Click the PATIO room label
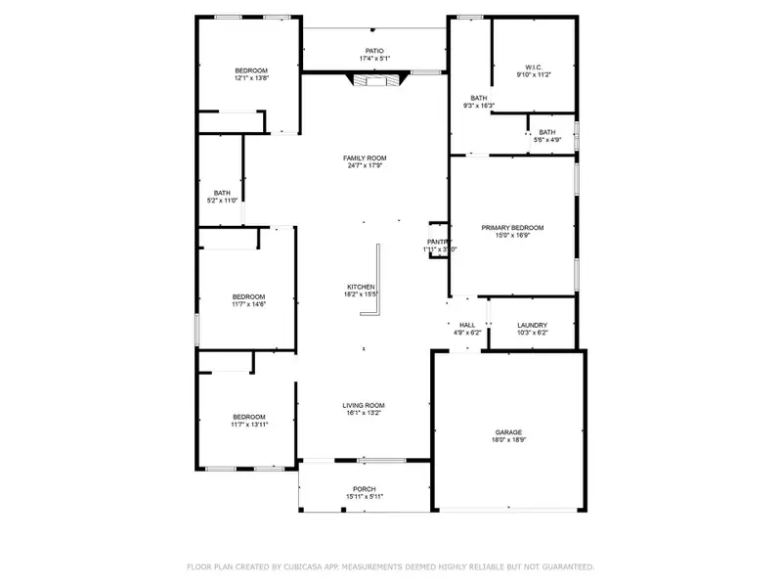pos(373,51)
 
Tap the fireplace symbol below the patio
pos(374,81)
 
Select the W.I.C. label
pos(534,67)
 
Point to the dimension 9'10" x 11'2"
pos(534,75)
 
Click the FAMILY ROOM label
pos(365,158)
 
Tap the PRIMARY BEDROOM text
pos(512,227)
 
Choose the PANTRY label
pos(439,242)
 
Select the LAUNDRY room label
pos(532,325)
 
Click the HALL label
pos(467,325)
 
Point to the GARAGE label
pos(508,432)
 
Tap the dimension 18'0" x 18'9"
pos(508,441)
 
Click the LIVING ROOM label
pos(364,405)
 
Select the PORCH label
pos(365,488)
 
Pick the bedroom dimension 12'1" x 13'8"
pos(250,78)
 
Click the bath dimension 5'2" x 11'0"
pos(223,201)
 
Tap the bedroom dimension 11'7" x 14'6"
pos(248,304)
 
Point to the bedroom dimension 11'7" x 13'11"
pos(248,426)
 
